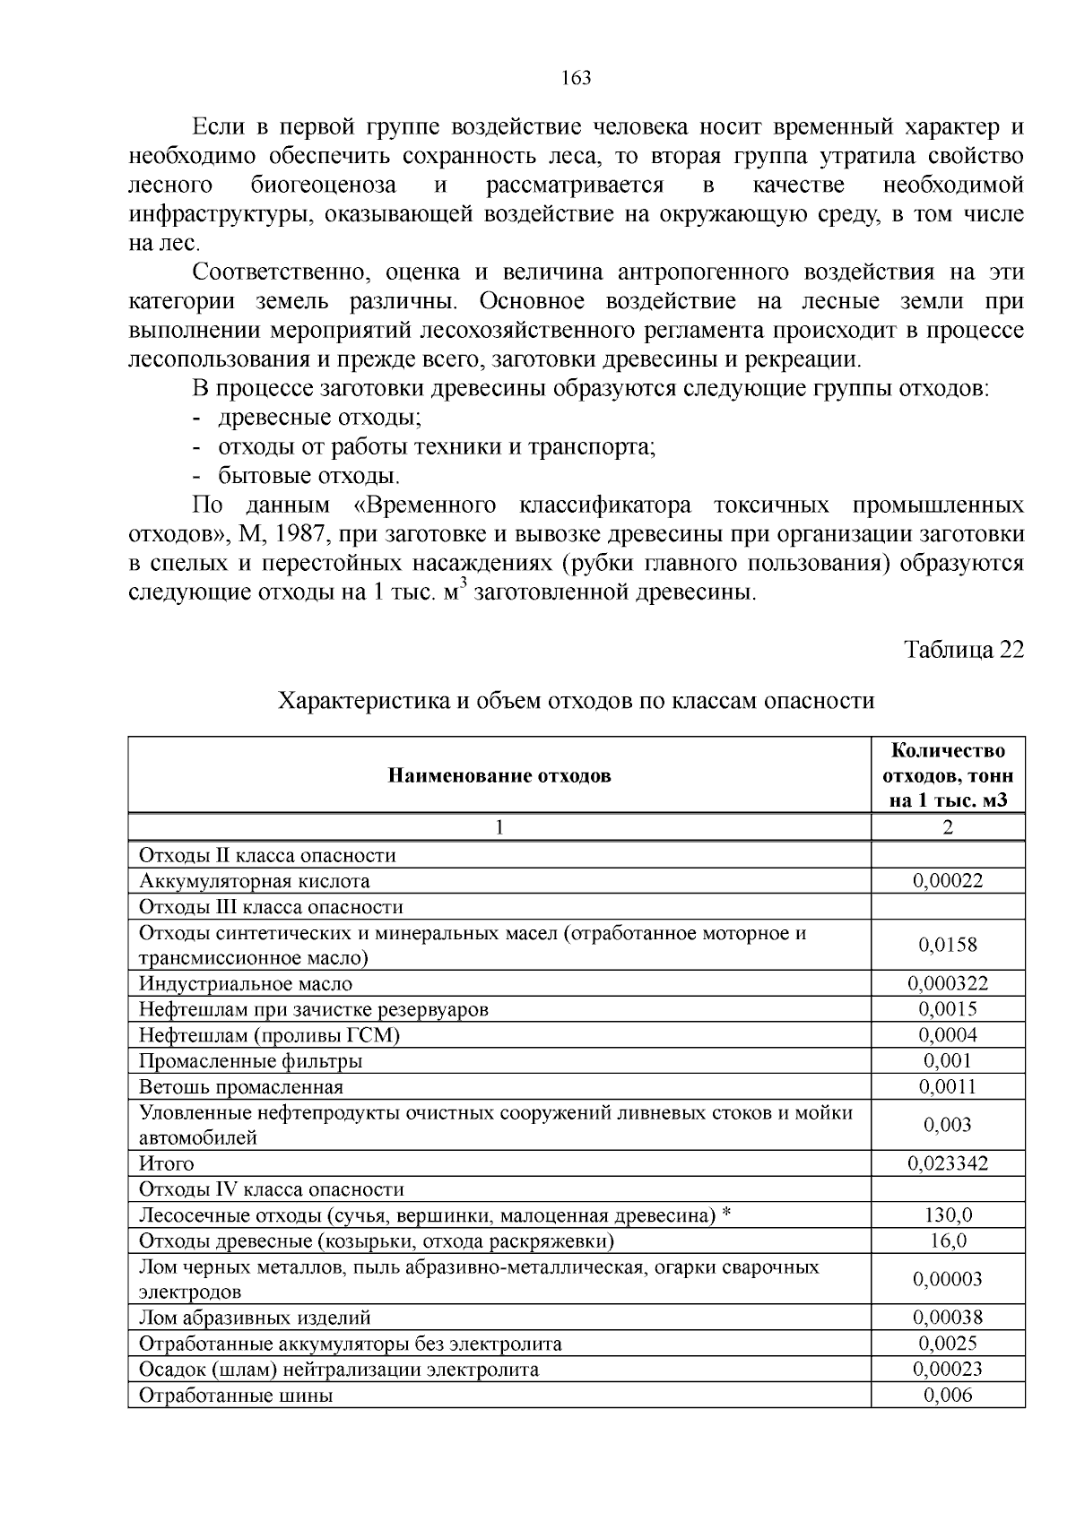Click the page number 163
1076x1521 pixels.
pos(577,79)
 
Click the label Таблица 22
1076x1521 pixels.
pos(963,650)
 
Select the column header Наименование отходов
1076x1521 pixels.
pos(499,775)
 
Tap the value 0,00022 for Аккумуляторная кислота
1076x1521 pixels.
pos(948,881)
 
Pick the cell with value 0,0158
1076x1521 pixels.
pos(948,946)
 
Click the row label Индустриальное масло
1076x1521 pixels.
pos(246,984)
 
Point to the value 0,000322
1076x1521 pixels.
pos(948,984)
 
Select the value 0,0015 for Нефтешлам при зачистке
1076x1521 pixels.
pos(948,1009)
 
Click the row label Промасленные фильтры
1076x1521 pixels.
pos(250,1061)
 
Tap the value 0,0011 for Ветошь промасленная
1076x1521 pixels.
pos(948,1087)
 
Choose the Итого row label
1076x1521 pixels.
pos(166,1164)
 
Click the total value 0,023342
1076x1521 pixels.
pos(948,1164)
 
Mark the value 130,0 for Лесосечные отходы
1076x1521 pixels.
pos(948,1215)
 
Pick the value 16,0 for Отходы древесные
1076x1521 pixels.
pos(948,1241)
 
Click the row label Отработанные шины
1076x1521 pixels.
pos(236,1396)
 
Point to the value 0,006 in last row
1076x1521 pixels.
pos(948,1396)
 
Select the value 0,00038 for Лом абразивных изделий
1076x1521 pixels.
pos(948,1318)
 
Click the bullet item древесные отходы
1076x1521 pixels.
pos(319,418)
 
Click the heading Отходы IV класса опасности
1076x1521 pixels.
pos(272,1189)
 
